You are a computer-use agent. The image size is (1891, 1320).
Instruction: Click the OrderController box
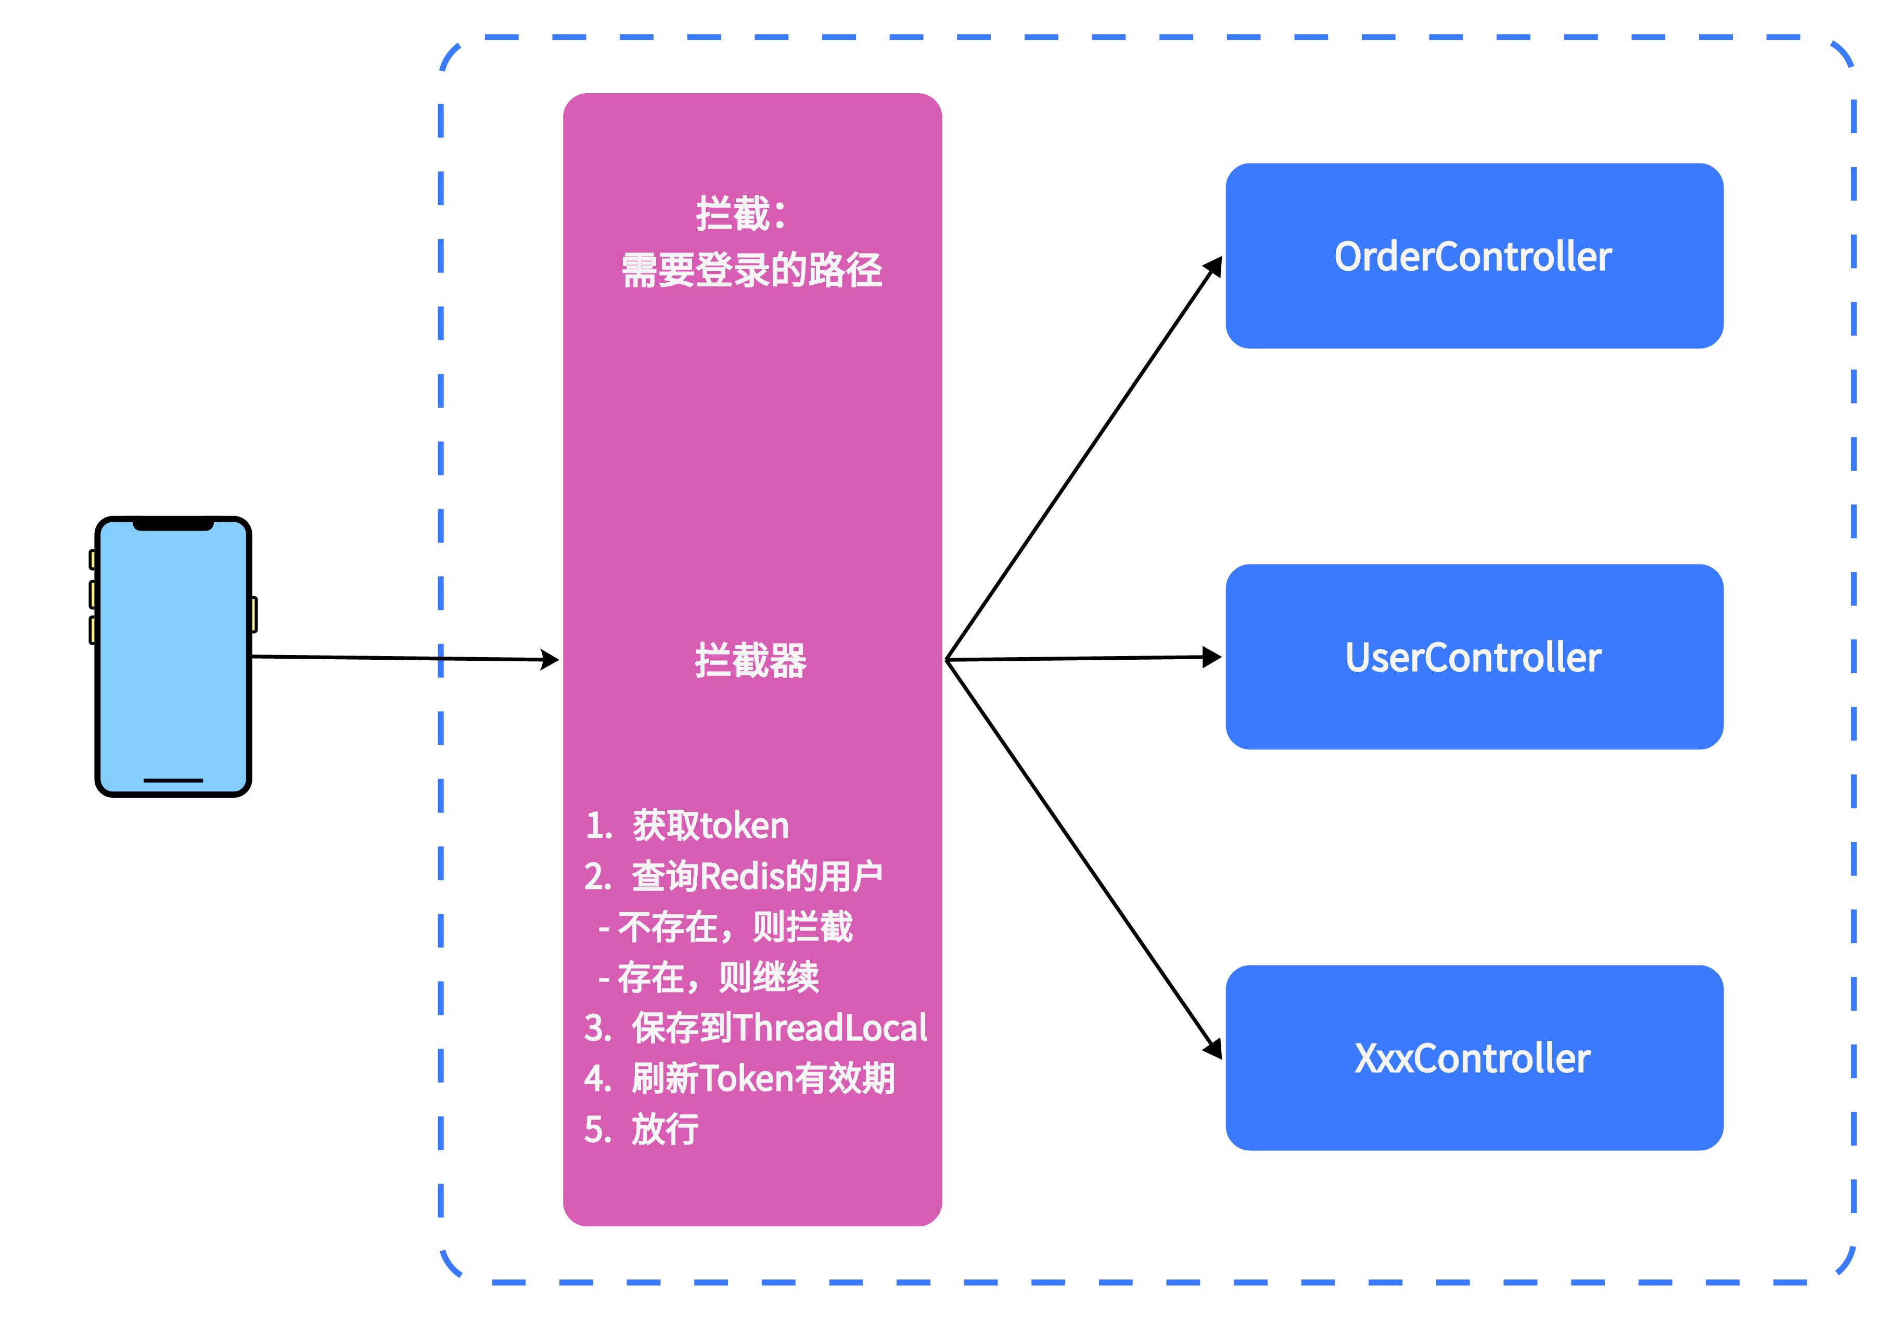point(1474,256)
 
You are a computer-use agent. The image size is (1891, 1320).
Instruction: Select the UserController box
point(1474,657)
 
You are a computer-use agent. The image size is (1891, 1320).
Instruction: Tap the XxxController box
point(1474,1058)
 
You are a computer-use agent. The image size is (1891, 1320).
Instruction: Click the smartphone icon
point(173,659)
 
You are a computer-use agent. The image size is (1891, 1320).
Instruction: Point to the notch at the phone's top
point(173,526)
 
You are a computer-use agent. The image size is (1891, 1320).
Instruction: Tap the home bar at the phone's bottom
point(173,780)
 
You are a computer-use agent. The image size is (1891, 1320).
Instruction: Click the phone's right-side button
point(253,614)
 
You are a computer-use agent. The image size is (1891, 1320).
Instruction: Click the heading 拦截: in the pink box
point(741,214)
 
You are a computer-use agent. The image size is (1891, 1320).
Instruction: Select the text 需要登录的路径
point(751,270)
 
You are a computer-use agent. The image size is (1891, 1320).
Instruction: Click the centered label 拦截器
point(750,661)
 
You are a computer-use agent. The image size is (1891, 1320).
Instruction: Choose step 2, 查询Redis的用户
point(733,876)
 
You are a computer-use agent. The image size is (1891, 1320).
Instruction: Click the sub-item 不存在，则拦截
point(726,927)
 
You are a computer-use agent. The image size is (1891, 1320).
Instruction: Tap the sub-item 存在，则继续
point(710,977)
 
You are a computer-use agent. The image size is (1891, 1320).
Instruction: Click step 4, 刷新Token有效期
point(739,1078)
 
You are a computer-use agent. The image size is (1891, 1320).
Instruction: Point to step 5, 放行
point(643,1129)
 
